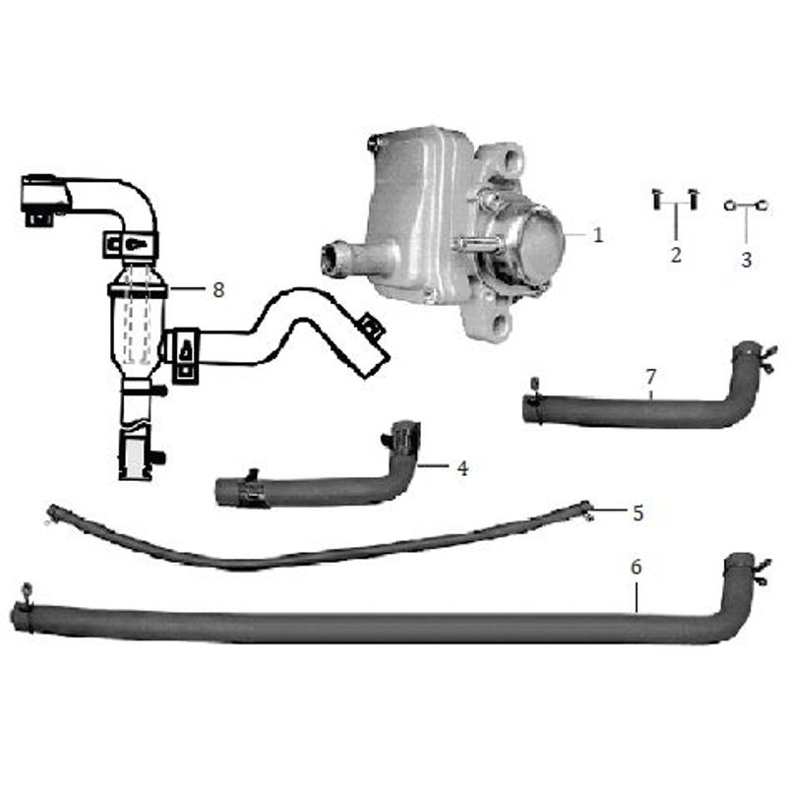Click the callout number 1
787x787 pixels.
coord(597,235)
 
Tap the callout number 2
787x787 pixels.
coord(676,255)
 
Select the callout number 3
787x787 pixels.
coord(747,260)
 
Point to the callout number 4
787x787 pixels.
coord(462,468)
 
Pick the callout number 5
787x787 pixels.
coord(637,513)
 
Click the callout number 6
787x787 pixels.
coord(636,567)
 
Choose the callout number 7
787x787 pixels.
coord(650,376)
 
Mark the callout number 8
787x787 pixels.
coord(218,289)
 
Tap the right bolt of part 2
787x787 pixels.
coord(694,199)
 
